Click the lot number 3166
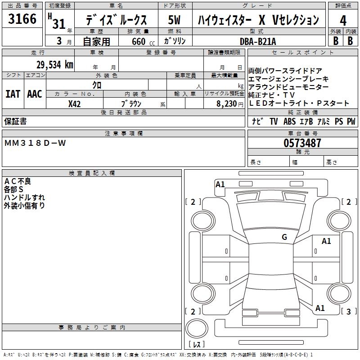point(22,19)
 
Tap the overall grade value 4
point(343,21)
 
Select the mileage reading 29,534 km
point(55,65)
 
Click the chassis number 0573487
point(302,143)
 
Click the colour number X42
point(75,103)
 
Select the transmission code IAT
point(13,94)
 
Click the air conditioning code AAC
point(35,94)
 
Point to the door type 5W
point(175,20)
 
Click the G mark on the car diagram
point(284,237)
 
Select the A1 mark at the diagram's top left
point(220,184)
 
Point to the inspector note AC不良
point(18,181)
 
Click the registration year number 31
point(59,24)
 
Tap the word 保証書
point(15,121)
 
